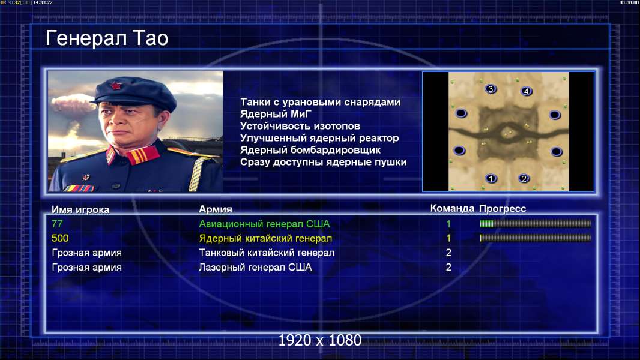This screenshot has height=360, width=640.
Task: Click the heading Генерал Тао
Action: (107, 38)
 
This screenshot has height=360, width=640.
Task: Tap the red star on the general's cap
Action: (115, 86)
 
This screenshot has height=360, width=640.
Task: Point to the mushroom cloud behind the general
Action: (72, 104)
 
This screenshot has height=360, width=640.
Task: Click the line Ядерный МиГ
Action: (276, 114)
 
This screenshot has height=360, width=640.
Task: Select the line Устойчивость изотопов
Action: (300, 126)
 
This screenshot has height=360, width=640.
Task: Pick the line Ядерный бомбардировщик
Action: (310, 150)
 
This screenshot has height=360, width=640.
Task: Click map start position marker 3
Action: (491, 88)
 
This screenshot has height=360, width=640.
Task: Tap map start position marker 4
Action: (526, 91)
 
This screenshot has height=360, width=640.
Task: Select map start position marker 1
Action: (491, 178)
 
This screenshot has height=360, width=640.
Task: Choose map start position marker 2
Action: (524, 178)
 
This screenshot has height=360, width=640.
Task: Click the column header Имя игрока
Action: (80, 209)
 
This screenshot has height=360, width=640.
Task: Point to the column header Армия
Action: (216, 209)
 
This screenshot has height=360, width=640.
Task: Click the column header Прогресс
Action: (503, 209)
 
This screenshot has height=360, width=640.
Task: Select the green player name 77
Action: (57, 224)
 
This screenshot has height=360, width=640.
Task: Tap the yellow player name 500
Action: (60, 238)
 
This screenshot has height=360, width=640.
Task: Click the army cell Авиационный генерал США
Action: (265, 224)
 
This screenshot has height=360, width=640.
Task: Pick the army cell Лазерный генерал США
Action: (256, 267)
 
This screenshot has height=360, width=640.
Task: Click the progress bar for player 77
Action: (536, 223)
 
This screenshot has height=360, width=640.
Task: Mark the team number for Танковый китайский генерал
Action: (448, 253)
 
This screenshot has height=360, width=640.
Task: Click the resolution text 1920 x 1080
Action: (320, 340)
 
